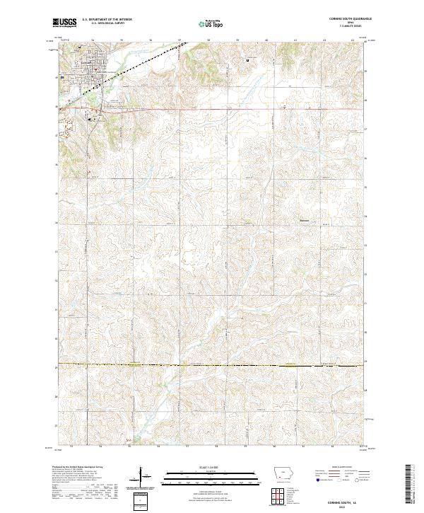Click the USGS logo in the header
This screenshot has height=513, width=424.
65,23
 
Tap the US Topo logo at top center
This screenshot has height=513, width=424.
211,24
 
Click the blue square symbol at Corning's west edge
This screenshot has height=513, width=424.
62,76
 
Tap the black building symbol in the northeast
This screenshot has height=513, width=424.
248,60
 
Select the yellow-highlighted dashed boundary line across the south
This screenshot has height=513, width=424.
212,365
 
